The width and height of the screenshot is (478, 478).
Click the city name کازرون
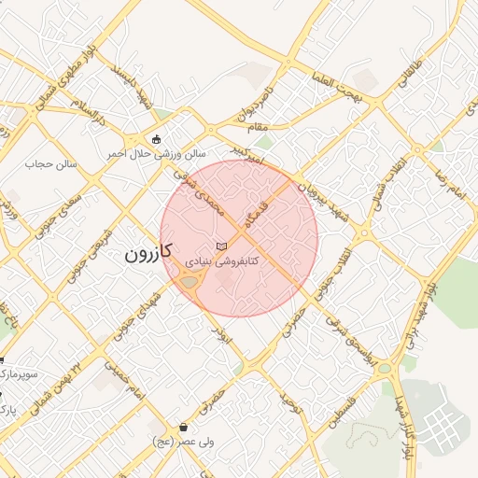pyautogui.click(x=150, y=254)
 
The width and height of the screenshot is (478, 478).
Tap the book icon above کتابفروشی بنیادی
pyautogui.click(x=220, y=246)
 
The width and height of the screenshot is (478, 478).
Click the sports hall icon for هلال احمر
pyautogui.click(x=155, y=137)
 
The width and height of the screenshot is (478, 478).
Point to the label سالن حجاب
pyautogui.click(x=55, y=164)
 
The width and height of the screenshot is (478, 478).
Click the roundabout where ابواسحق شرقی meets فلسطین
pyautogui.click(x=384, y=369)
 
